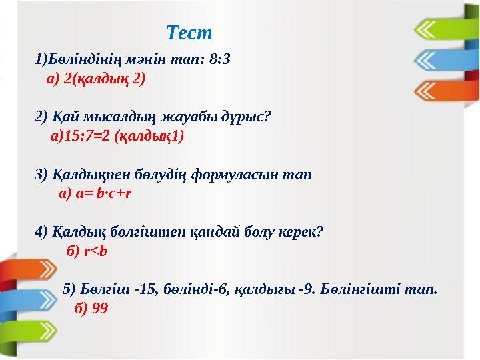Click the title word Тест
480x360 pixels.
pos(189,32)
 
